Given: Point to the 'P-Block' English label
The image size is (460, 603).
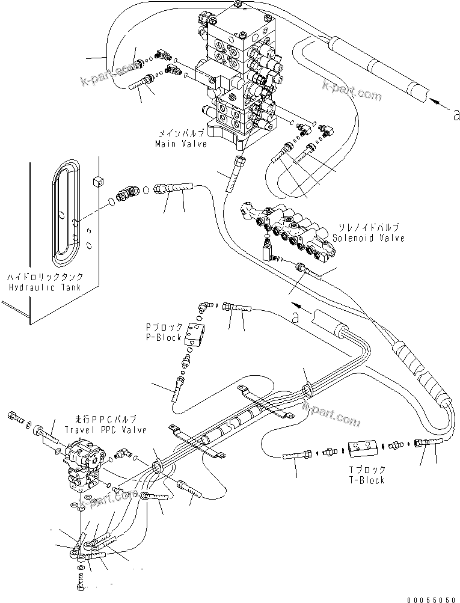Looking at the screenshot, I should point(164,338).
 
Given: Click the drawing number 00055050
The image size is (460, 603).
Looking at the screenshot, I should point(431,599).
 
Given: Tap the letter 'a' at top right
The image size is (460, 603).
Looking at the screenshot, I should point(456,114).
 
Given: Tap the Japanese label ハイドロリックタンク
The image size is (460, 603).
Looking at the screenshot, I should point(44,277).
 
